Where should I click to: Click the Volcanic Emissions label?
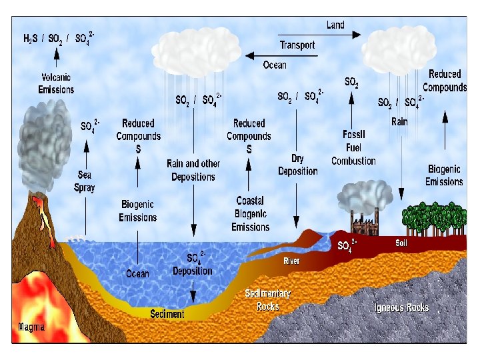pyautogui.click(x=56, y=84)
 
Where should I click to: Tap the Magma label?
pyautogui.click(x=31, y=327)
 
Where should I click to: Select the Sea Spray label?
pyautogui.click(x=85, y=181)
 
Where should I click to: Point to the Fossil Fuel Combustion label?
pyautogui.click(x=353, y=147)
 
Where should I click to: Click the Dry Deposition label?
pyautogui.click(x=298, y=165)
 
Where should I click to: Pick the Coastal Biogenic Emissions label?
pyautogui.click(x=250, y=214)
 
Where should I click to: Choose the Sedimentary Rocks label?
pyautogui.click(x=268, y=300)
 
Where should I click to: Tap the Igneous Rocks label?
pyautogui.click(x=401, y=307)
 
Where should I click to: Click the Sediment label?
pyautogui.click(x=167, y=314)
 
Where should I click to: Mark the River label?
pyautogui.click(x=292, y=261)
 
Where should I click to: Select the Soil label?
pyautogui.click(x=401, y=243)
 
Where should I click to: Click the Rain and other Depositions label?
pyautogui.click(x=193, y=170)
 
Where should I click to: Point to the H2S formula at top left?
pyautogui.click(x=31, y=39)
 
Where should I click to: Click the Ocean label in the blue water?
pyautogui.click(x=138, y=273)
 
